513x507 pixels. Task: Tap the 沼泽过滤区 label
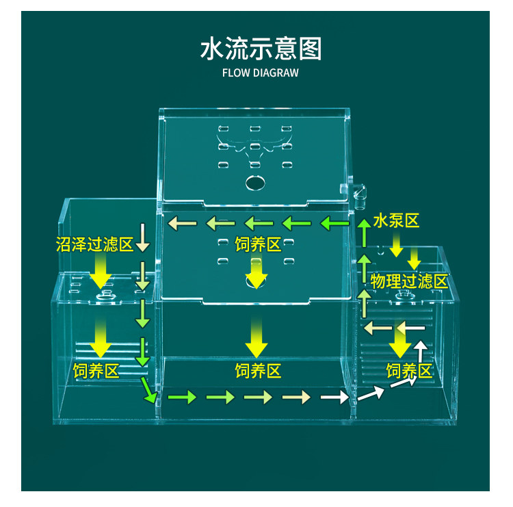tap(94, 244)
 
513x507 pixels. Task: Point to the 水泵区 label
tap(395, 220)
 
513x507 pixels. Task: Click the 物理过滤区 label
tap(409, 281)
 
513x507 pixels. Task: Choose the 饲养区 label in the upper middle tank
tap(258, 244)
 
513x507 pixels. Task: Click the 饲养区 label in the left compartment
tap(96, 371)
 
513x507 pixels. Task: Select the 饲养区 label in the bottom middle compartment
tap(258, 371)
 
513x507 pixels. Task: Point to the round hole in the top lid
tap(254, 183)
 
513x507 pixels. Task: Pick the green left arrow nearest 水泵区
tap(333, 222)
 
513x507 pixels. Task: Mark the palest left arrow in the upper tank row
tap(179, 222)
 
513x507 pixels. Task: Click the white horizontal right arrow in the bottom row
tap(332, 398)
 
